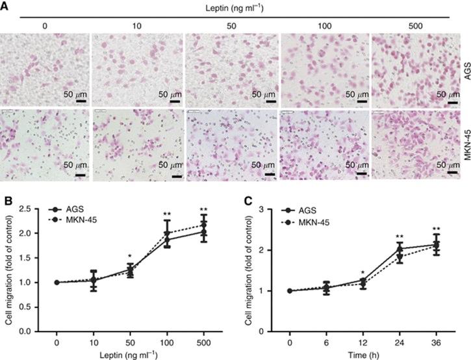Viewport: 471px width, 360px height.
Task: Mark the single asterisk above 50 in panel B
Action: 131,256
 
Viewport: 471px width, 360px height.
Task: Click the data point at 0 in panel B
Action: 57,282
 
